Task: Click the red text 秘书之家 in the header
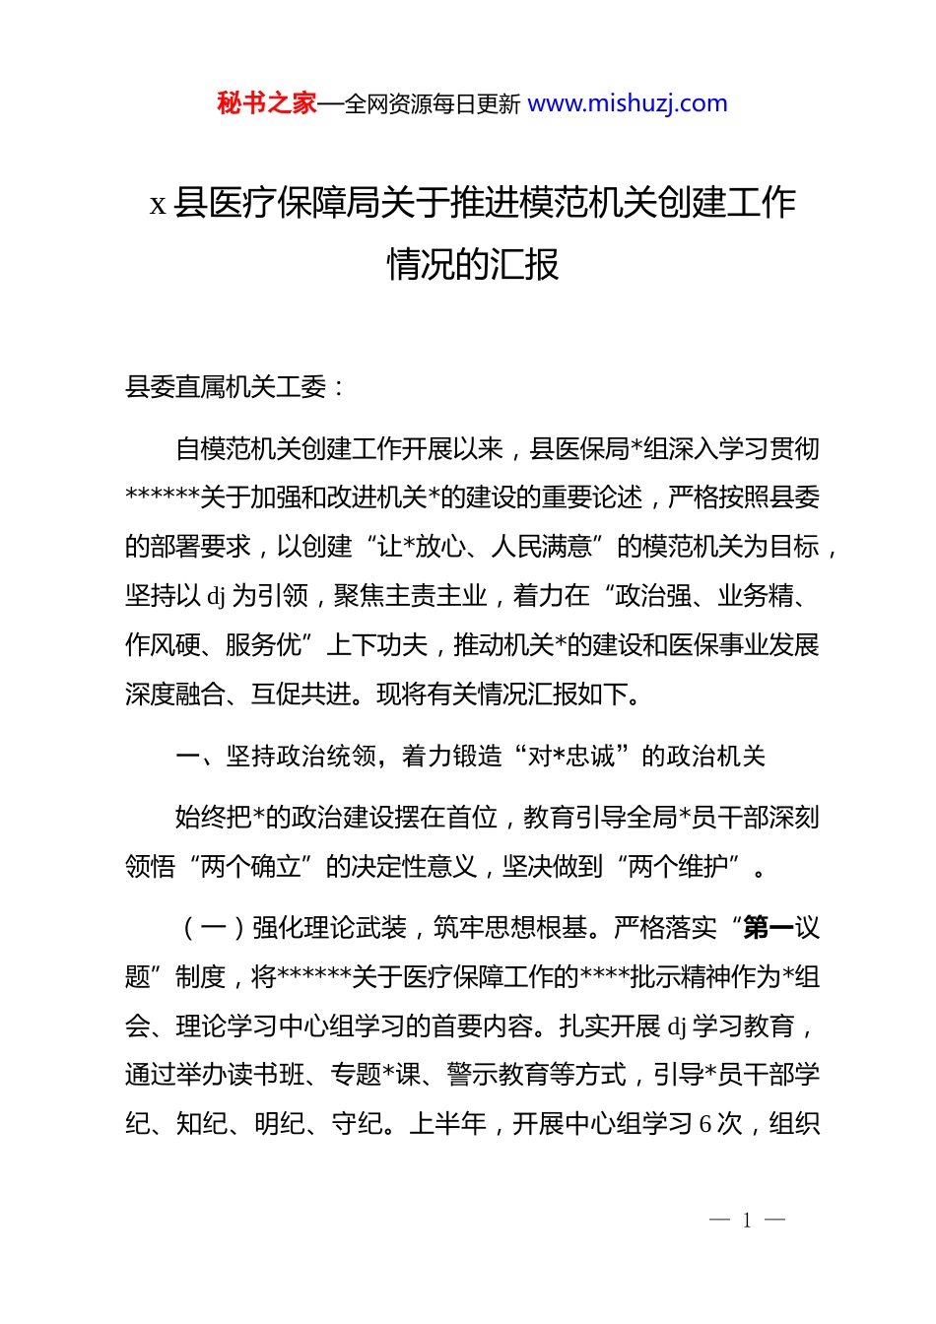click(266, 103)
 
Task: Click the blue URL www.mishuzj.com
click(628, 103)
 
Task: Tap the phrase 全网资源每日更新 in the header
click(433, 104)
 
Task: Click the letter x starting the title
click(158, 204)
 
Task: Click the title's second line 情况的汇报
click(473, 264)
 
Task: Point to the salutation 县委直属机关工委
click(226, 387)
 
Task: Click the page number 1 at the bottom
click(747, 1221)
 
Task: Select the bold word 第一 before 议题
click(769, 928)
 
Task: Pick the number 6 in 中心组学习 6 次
click(705, 1124)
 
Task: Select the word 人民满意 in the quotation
click(541, 547)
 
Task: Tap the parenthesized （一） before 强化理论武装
click(213, 928)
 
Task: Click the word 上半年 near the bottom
click(447, 1124)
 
